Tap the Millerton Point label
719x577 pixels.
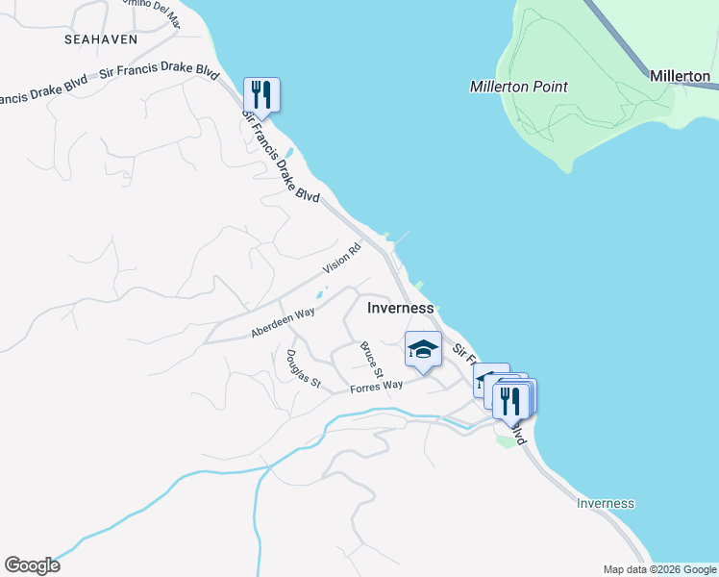(518, 87)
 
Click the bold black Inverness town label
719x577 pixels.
(401, 308)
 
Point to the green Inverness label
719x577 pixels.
(606, 503)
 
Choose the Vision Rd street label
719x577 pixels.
(341, 258)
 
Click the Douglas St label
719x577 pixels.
(301, 366)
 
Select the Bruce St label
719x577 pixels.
(371, 359)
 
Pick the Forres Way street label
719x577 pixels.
(376, 387)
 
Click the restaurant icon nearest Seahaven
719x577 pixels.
(261, 94)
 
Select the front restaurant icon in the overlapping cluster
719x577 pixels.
(511, 400)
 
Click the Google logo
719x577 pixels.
(32, 565)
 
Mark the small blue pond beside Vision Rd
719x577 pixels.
(320, 293)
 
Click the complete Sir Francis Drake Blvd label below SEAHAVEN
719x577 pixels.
(155, 72)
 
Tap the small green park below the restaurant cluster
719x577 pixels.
(506, 440)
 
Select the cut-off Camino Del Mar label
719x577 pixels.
(154, 10)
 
